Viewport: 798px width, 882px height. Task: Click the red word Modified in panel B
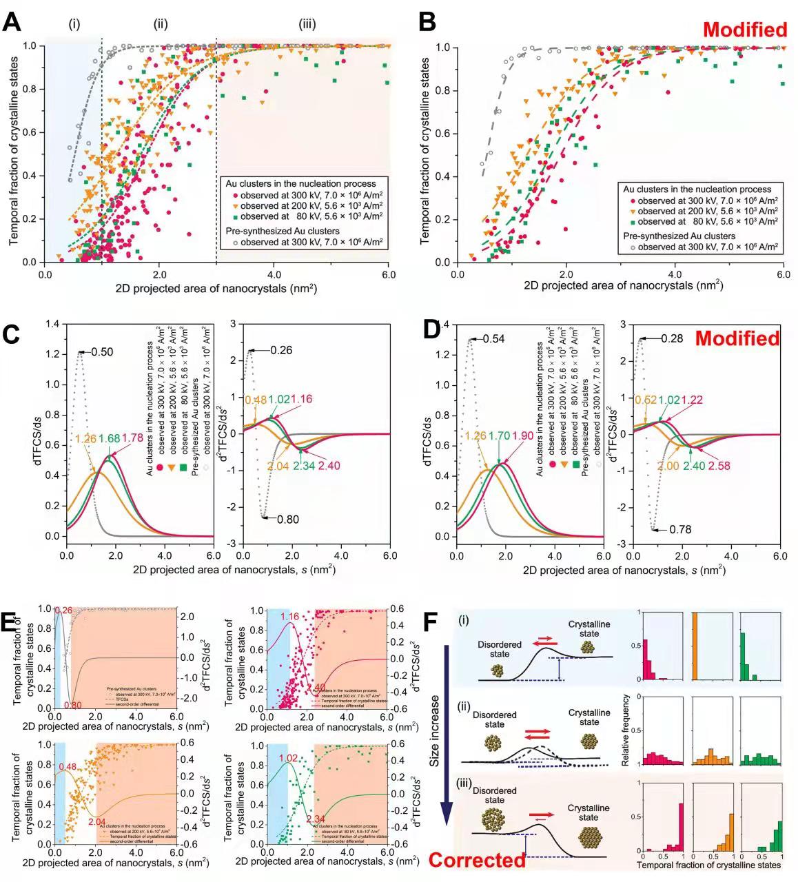(x=744, y=30)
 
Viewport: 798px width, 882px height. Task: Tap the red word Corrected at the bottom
(x=476, y=860)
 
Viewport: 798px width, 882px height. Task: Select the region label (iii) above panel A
(x=307, y=25)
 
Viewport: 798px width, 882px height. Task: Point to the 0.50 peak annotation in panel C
(x=102, y=352)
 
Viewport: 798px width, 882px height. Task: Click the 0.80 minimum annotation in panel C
(x=287, y=520)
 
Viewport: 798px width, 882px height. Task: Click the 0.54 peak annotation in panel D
(x=493, y=339)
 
